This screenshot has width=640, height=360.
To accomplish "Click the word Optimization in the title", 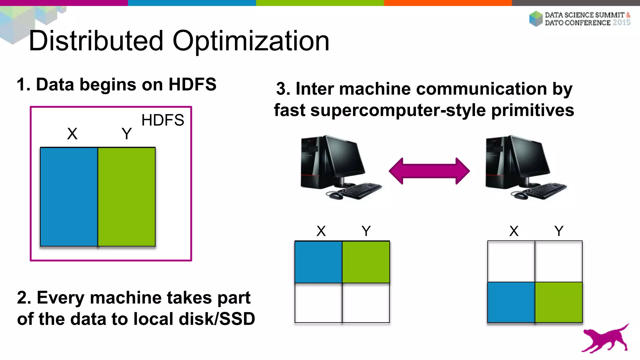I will click(251, 41).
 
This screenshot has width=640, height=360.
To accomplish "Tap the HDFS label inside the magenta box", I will click(162, 120).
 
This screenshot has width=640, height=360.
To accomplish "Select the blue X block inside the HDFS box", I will click(69, 197).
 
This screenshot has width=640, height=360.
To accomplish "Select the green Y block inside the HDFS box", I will click(127, 197).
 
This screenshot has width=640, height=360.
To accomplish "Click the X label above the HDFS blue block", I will click(72, 134).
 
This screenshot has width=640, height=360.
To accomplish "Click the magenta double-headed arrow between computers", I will click(429, 171).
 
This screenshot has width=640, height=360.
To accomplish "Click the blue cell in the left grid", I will click(318, 262).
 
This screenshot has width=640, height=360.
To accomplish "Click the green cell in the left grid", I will click(366, 262).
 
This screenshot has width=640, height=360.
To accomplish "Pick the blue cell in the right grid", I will click(511, 302).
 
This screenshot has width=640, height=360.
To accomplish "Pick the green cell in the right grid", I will click(559, 302).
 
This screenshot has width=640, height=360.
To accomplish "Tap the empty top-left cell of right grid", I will click(511, 261).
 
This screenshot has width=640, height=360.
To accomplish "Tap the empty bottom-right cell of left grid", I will click(366, 303).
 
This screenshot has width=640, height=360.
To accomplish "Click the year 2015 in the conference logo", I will click(621, 23).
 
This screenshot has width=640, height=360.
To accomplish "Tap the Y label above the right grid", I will click(559, 231).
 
